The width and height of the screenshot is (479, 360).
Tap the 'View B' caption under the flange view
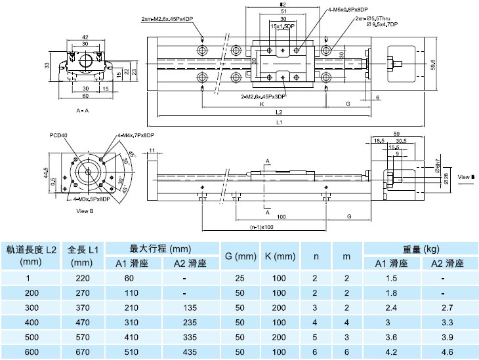pyautogui.click(x=85, y=210)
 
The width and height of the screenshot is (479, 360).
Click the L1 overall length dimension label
pyautogui.click(x=279, y=122)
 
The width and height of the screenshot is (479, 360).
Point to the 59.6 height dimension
pyautogui.click(x=433, y=66)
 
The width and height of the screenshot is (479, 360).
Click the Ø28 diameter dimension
pyautogui.click(x=446, y=178)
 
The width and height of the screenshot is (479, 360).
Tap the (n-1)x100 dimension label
pyautogui.click(x=262, y=228)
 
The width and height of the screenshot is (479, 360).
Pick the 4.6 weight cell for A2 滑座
pyautogui.click(x=447, y=351)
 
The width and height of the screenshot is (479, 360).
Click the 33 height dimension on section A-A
pyautogui.click(x=47, y=66)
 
